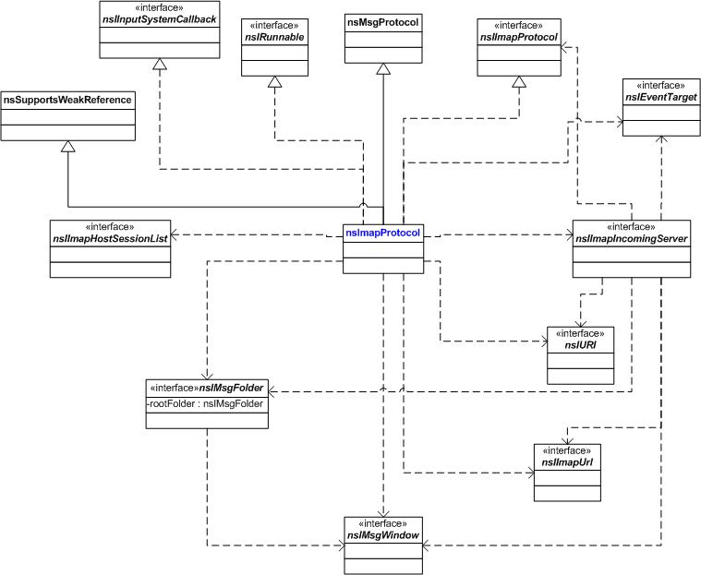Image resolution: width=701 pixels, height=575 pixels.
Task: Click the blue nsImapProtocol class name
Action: pos(382,233)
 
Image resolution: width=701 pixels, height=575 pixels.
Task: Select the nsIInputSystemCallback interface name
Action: pos(159,19)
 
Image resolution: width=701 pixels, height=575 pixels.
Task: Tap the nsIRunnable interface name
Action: pos(274,38)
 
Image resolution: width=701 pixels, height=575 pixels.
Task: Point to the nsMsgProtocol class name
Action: pos(383,22)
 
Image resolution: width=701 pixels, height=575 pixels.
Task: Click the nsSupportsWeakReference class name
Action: pos(67,100)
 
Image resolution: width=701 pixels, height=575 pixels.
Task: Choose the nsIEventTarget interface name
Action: pos(661,97)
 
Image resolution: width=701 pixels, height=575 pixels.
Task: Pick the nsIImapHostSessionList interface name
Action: pos(110,238)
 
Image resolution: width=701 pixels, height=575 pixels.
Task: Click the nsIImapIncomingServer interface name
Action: pos(631,238)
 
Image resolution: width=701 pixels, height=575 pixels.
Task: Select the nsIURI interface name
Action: pos(580,345)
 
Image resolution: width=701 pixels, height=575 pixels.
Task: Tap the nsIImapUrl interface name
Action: pos(567,462)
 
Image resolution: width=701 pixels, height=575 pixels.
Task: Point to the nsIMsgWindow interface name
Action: pos(383,535)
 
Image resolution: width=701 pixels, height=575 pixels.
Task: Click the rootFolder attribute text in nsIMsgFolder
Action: pos(205,404)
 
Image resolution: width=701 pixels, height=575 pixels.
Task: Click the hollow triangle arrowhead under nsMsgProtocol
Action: pos(383,69)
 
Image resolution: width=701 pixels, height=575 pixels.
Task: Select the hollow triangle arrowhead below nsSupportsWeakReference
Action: pos(67,146)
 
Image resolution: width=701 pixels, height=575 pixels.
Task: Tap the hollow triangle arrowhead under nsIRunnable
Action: pos(274,82)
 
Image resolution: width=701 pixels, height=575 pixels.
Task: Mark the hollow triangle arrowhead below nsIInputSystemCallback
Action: pos(159,64)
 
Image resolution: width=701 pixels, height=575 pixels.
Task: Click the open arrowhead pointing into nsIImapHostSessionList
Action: pos(175,234)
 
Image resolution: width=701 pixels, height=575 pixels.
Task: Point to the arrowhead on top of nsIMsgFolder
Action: pos(207,376)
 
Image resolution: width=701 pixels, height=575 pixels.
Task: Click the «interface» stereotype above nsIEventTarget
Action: pos(660,85)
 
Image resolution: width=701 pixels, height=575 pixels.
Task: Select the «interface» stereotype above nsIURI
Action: pos(580,334)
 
